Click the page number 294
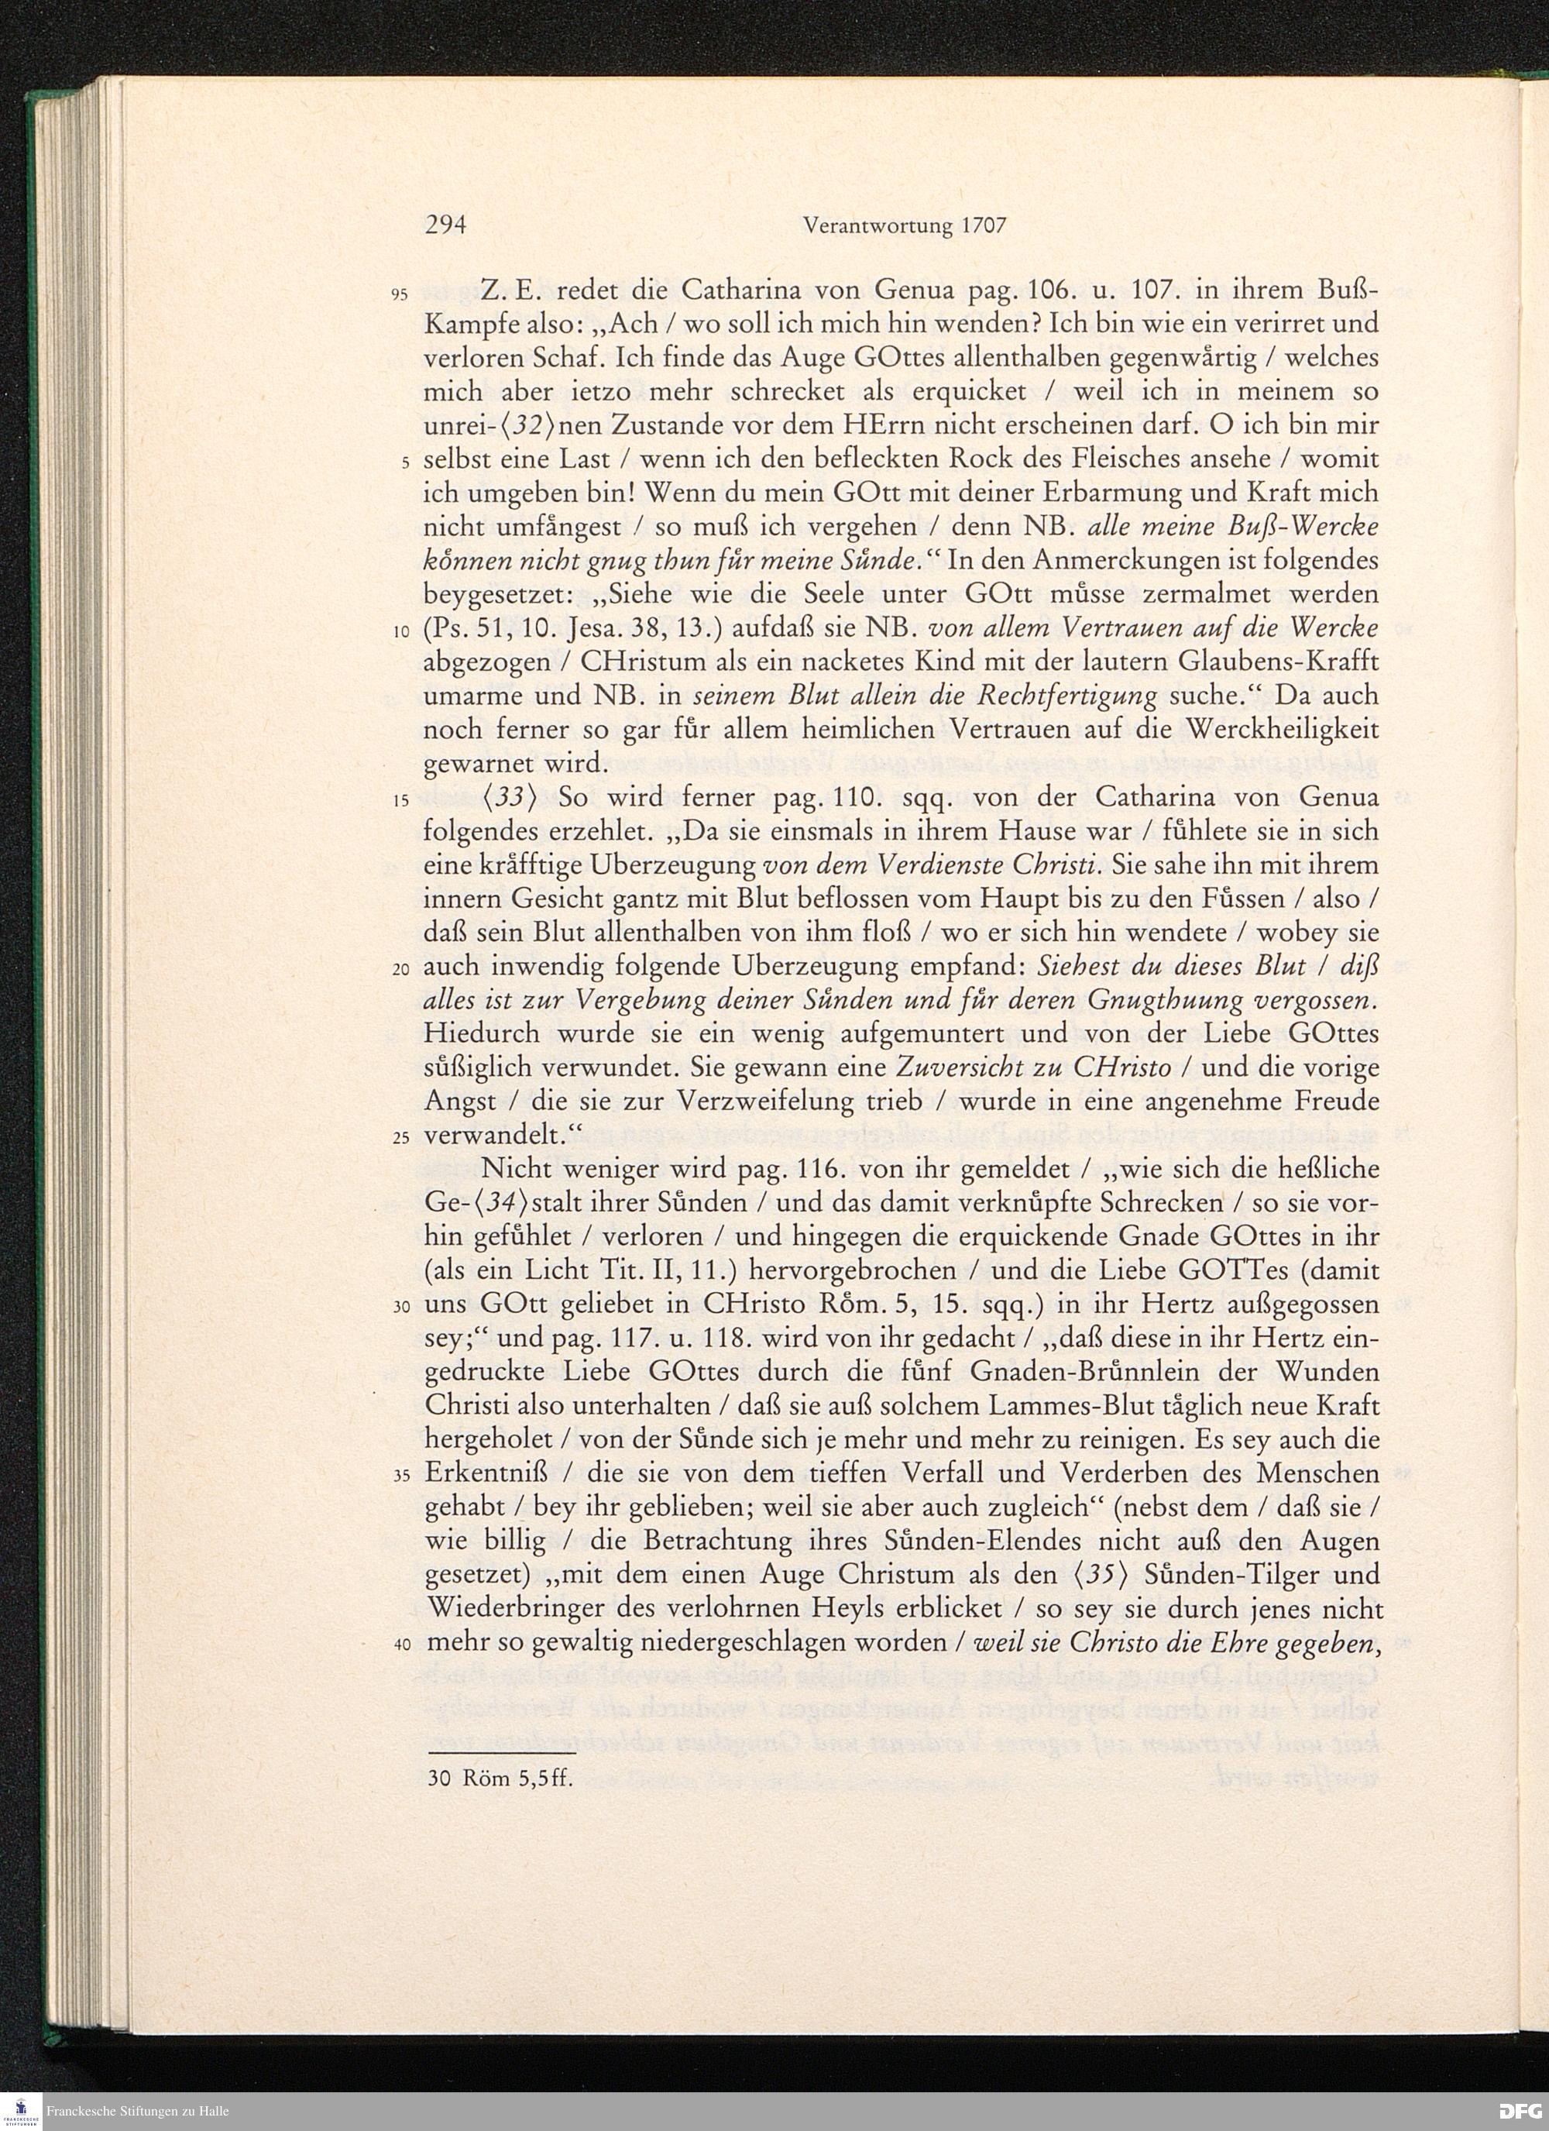[x=445, y=226]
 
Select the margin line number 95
[x=398, y=295]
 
